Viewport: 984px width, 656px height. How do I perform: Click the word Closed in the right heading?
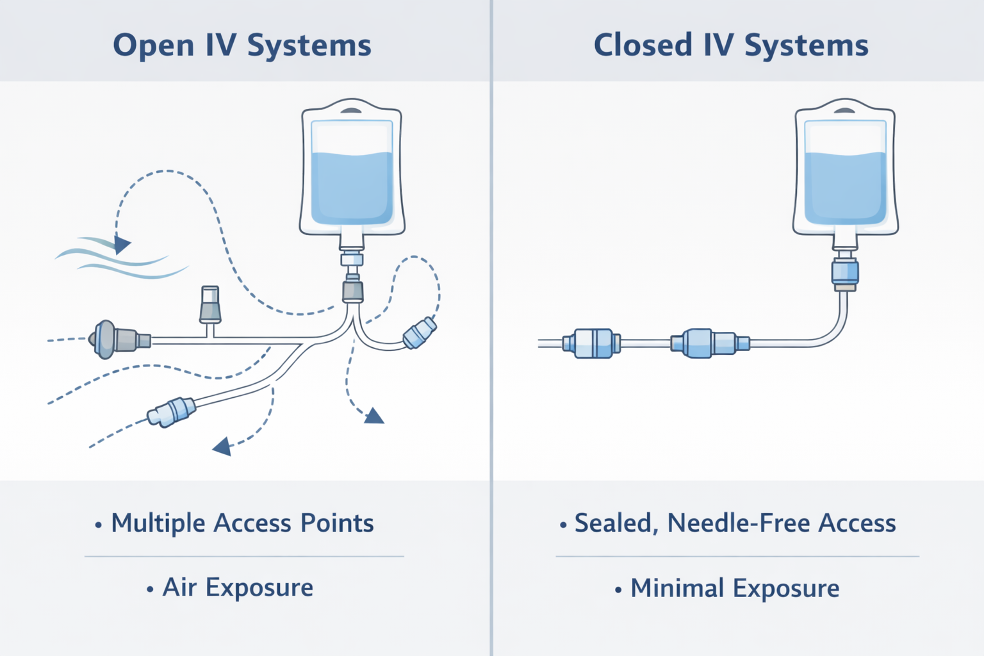[643, 46]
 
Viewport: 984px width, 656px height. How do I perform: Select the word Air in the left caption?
[179, 587]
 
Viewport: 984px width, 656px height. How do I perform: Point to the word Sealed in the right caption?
[612, 523]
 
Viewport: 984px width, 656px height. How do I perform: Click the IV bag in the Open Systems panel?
[352, 170]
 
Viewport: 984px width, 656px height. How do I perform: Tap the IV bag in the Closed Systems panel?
[845, 170]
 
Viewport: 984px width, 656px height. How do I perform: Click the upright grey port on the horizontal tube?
[210, 305]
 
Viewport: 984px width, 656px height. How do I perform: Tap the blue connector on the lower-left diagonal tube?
[171, 412]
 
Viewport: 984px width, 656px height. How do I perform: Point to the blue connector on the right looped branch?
[420, 333]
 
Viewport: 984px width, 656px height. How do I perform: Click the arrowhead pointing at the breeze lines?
[122, 244]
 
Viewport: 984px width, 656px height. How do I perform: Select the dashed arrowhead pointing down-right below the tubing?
[373, 417]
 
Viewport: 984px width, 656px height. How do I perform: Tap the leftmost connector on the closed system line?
[592, 343]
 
